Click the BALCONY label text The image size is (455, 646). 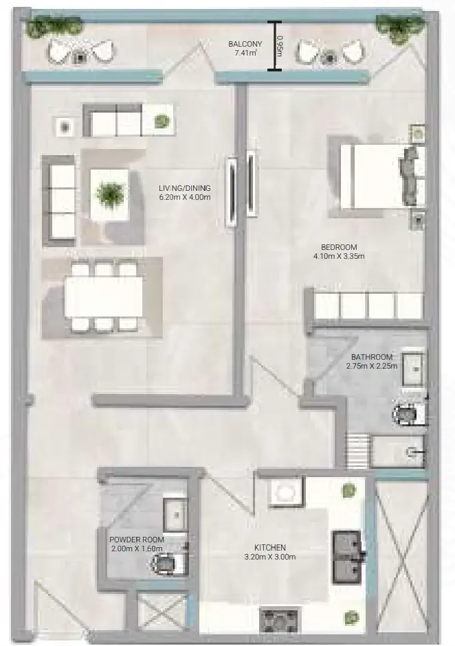[245, 44]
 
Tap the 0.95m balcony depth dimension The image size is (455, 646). [280, 46]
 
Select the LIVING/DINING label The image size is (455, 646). [185, 188]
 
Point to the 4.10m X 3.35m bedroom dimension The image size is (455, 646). [339, 256]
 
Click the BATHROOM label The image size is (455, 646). [372, 357]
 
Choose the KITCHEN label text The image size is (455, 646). [270, 548]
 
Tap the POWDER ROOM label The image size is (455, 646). [137, 540]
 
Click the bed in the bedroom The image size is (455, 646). [376, 176]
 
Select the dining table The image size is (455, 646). [104, 297]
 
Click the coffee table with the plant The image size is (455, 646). [109, 194]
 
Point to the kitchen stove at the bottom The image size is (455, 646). [278, 621]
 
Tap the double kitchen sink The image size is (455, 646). [347, 557]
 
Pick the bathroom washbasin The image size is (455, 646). [413, 369]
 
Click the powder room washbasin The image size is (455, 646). [175, 515]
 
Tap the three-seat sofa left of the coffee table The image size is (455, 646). [58, 200]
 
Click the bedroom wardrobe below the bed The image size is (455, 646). [365, 305]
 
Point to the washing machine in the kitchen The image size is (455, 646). [286, 491]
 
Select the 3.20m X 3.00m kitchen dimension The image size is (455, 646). [270, 557]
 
